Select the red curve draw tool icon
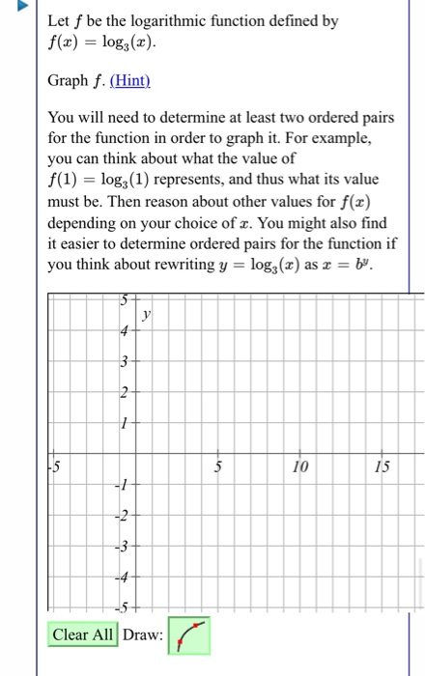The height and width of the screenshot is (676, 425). (x=189, y=635)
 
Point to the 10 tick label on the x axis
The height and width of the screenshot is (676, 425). (x=302, y=468)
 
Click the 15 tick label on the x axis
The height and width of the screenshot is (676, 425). (x=383, y=468)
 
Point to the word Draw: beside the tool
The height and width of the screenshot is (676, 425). (x=142, y=634)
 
